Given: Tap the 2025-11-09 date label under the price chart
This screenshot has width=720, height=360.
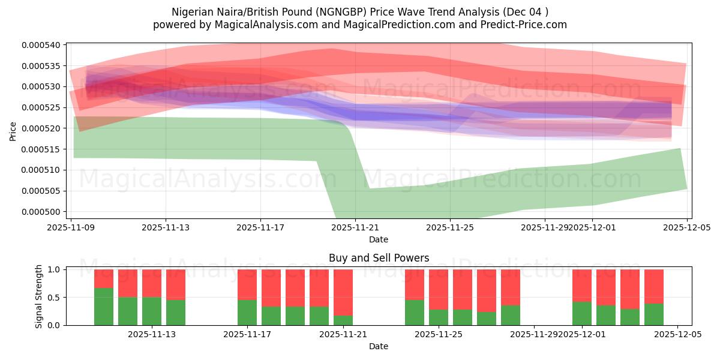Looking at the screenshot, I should [x=71, y=228].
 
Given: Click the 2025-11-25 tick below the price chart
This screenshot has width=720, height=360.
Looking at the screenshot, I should [x=451, y=228].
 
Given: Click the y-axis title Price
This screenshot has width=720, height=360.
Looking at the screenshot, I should [x=13, y=131].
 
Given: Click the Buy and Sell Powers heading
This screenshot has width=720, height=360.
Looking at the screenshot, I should [x=379, y=258].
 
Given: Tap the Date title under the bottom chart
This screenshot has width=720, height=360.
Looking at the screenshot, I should [x=379, y=346].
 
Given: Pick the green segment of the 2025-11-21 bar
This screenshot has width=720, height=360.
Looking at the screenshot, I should [x=343, y=320].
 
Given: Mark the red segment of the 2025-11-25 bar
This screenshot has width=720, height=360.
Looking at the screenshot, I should [x=439, y=289].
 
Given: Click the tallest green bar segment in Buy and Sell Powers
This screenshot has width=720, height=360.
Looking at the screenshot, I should [x=104, y=307].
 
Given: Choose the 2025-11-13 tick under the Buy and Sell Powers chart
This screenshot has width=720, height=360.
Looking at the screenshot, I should [x=152, y=334].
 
